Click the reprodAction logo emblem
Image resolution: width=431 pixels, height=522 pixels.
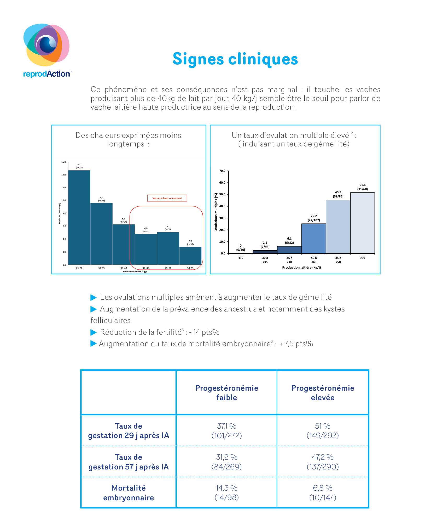coord(46,45)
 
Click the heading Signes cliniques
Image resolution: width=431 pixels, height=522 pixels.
coord(235,59)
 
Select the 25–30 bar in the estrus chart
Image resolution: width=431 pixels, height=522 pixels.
coord(79,218)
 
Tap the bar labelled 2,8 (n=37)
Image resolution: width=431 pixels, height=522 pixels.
coord(190,256)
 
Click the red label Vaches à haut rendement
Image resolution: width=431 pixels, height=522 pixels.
coord(167,198)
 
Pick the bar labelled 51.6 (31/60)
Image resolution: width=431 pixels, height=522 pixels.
coord(363,223)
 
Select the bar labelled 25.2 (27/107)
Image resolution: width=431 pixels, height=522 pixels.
coord(314,239)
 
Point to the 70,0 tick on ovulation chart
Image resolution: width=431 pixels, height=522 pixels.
coord(222,171)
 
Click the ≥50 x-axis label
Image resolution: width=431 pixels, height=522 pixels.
coord(363,258)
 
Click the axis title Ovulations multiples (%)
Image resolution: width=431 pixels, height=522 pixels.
coord(216,212)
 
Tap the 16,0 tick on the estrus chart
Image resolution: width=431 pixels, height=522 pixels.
coord(64,162)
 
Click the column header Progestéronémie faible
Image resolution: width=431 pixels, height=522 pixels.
coord(227,393)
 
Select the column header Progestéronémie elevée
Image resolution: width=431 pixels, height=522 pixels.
coord(323,393)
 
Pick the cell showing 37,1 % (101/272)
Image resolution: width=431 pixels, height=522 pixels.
coord(227,431)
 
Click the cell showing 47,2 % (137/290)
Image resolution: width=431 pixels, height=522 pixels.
coord(323,462)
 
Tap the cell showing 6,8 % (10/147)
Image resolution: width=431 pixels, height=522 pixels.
coord(323,493)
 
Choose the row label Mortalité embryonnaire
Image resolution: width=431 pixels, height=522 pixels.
coord(129,493)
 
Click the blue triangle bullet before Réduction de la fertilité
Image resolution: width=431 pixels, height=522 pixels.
coord(94,332)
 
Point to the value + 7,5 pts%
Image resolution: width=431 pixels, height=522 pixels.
coord(296,344)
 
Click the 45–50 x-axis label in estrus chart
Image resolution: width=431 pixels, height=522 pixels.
coord(168,268)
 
